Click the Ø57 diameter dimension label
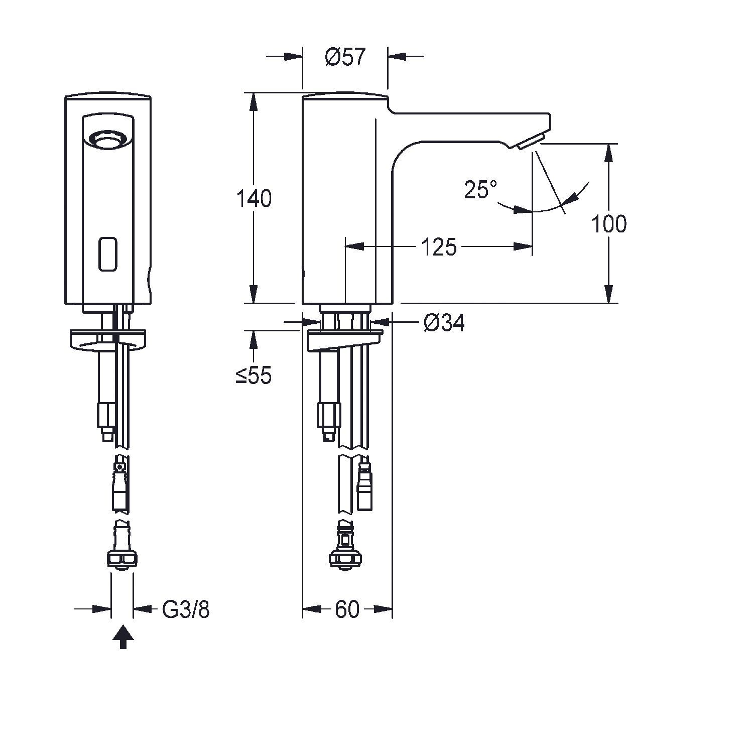[345, 57]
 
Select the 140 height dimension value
[254, 199]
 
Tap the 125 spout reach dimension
[439, 247]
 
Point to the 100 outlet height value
[608, 224]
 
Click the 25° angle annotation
[480, 190]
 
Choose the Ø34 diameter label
[444, 324]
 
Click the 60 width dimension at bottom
[347, 609]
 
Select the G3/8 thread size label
[186, 609]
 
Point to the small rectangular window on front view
[108, 254]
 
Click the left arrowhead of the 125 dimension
[354, 246]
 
